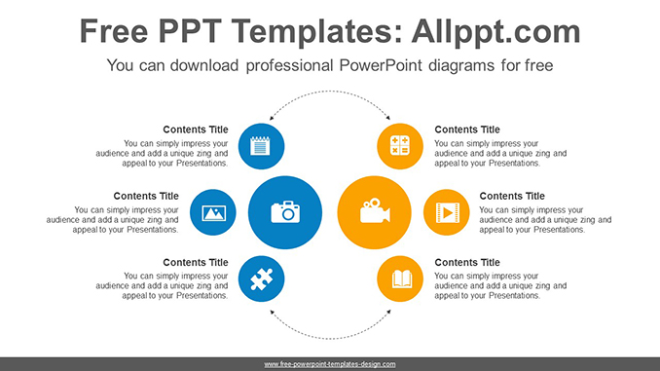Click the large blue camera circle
click(284, 211)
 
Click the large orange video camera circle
click(374, 211)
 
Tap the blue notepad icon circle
click(261, 147)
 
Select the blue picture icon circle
click(213, 211)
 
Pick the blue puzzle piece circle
click(261, 279)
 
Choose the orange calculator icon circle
click(400, 147)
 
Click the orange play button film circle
click(447, 211)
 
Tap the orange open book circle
click(400, 279)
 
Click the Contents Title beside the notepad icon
click(196, 130)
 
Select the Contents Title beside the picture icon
click(146, 196)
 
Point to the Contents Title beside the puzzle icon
click(196, 263)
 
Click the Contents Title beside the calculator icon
click(467, 130)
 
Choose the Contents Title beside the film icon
click(512, 196)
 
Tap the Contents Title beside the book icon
click(467, 263)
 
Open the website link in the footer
click(330, 364)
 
